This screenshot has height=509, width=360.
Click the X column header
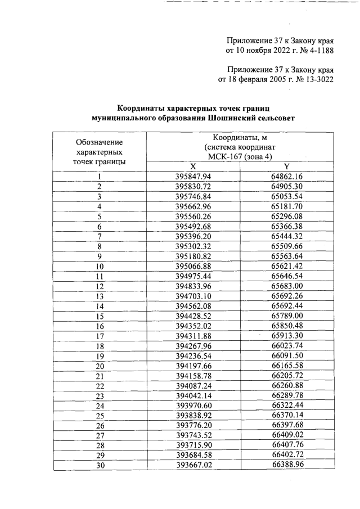[193, 166]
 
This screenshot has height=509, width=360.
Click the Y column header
[286, 166]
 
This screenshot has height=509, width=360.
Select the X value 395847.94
[193, 177]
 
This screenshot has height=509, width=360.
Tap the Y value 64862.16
[287, 177]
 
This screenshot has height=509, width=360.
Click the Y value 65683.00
[287, 286]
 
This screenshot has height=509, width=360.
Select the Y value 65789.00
[287, 316]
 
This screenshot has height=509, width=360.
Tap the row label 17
[99, 336]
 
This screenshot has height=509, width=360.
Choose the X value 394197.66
[193, 366]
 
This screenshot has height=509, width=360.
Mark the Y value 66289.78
[287, 397]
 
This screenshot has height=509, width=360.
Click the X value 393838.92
[193, 417]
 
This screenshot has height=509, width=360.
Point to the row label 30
[99, 466]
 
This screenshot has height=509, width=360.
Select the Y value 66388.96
[287, 466]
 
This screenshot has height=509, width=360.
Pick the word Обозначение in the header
[99, 142]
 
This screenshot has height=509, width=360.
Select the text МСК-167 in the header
[223, 157]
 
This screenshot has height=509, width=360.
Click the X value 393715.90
[193, 447]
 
